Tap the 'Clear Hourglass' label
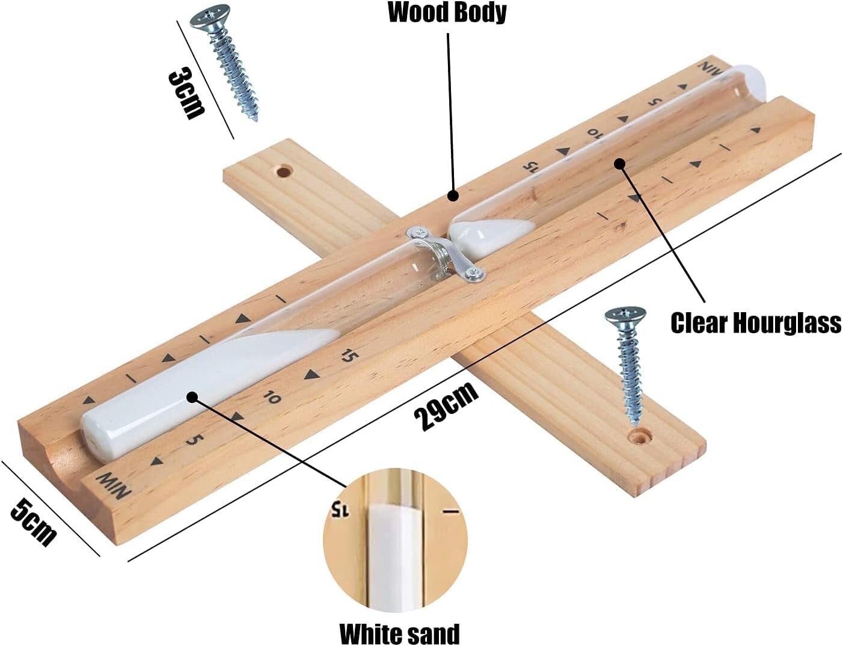pyautogui.click(x=755, y=322)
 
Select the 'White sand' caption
pyautogui.click(x=400, y=633)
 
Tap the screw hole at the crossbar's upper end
pyautogui.click(x=282, y=171)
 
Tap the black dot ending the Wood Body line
pyautogui.click(x=453, y=195)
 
